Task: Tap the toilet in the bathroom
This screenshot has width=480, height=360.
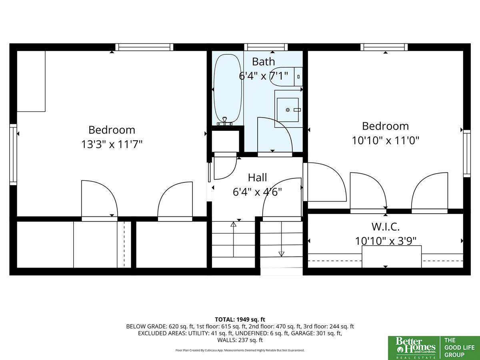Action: (x=286, y=76)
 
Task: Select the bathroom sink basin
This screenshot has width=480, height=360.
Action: (x=288, y=110)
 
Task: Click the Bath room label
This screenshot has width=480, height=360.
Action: (x=263, y=62)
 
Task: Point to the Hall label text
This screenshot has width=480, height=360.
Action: (x=257, y=178)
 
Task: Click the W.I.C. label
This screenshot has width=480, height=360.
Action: (x=385, y=227)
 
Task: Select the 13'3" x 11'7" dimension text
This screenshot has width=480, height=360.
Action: (x=112, y=144)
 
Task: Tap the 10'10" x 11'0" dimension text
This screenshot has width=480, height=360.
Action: (x=385, y=140)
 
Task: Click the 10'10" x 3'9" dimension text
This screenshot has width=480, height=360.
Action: (x=385, y=241)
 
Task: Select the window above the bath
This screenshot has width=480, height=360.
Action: (x=266, y=47)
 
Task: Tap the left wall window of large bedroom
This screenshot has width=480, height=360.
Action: (x=13, y=154)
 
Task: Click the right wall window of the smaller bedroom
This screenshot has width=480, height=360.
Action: (x=467, y=154)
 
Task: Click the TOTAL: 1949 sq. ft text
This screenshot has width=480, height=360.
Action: (x=240, y=320)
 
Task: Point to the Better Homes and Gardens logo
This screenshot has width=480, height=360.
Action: (x=414, y=348)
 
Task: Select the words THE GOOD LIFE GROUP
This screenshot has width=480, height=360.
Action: (x=460, y=348)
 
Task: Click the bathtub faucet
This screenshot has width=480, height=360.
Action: (x=224, y=121)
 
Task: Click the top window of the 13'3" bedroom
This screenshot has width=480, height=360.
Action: (x=144, y=47)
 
